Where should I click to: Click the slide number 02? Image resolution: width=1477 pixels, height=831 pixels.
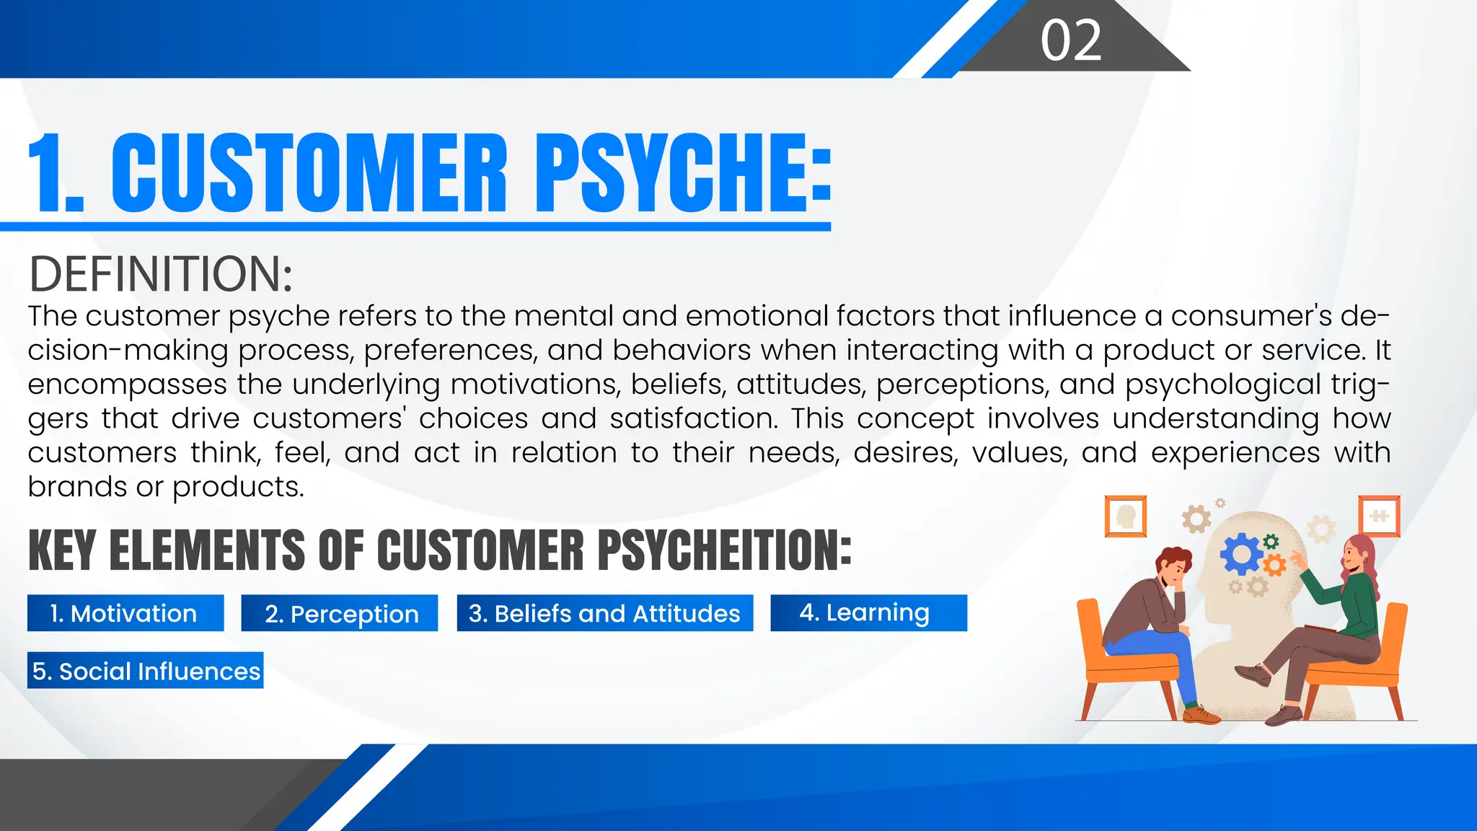click(1071, 40)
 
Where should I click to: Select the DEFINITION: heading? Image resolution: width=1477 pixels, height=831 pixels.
click(160, 274)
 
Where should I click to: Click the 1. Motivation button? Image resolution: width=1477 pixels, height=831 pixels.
click(125, 613)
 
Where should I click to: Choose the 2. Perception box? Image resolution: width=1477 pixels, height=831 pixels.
click(340, 613)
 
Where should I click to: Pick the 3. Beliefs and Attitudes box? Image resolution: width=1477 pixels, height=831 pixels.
click(604, 613)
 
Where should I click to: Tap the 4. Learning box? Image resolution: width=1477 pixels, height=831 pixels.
click(868, 613)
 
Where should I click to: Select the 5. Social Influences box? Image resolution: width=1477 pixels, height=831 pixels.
click(146, 671)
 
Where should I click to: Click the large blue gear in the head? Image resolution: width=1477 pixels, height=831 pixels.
click(1240, 554)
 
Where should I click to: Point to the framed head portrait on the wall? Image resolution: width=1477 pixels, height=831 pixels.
click(1126, 516)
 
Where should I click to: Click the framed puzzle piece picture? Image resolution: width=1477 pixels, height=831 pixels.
click(1379, 516)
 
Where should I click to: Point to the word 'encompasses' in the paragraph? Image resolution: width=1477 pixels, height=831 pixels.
click(127, 384)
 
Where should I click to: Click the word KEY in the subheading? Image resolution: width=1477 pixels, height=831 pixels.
click(62, 550)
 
